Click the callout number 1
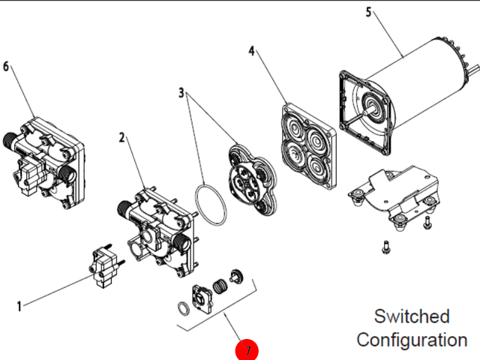click(19, 307)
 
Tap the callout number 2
click(121, 138)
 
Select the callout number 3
click(181, 92)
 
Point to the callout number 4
click(251, 51)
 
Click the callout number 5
click(368, 12)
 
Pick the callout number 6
click(6, 67)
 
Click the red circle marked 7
click(247, 350)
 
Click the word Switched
click(412, 316)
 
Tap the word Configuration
click(412, 340)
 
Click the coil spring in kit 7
click(220, 286)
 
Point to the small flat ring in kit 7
click(183, 308)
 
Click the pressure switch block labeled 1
click(105, 266)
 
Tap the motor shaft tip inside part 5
click(365, 112)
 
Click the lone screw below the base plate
click(385, 247)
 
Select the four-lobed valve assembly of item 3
click(252, 180)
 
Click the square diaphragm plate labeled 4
click(308, 146)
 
